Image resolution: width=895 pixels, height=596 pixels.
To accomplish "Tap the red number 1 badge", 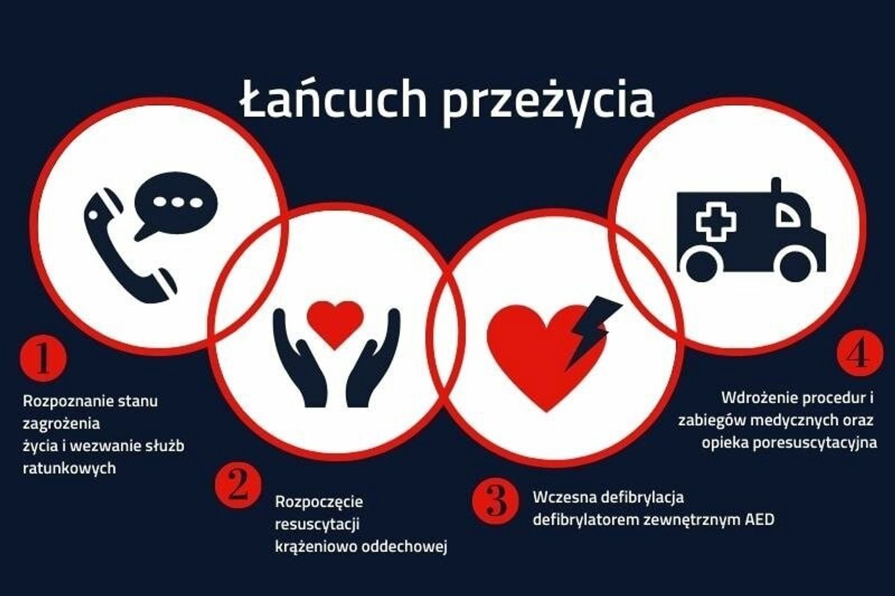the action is pos(43,358).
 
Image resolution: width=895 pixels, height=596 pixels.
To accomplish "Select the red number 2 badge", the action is pos(238,484).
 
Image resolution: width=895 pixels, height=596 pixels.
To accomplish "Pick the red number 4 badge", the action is pos(860,353).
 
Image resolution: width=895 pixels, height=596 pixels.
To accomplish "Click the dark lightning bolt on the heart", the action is pos(591,331).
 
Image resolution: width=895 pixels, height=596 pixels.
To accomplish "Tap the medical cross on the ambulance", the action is pos(716,222).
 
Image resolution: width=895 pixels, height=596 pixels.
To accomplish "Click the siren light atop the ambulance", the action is pos(776,185).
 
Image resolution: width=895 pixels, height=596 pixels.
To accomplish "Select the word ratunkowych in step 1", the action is pos(69,468).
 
